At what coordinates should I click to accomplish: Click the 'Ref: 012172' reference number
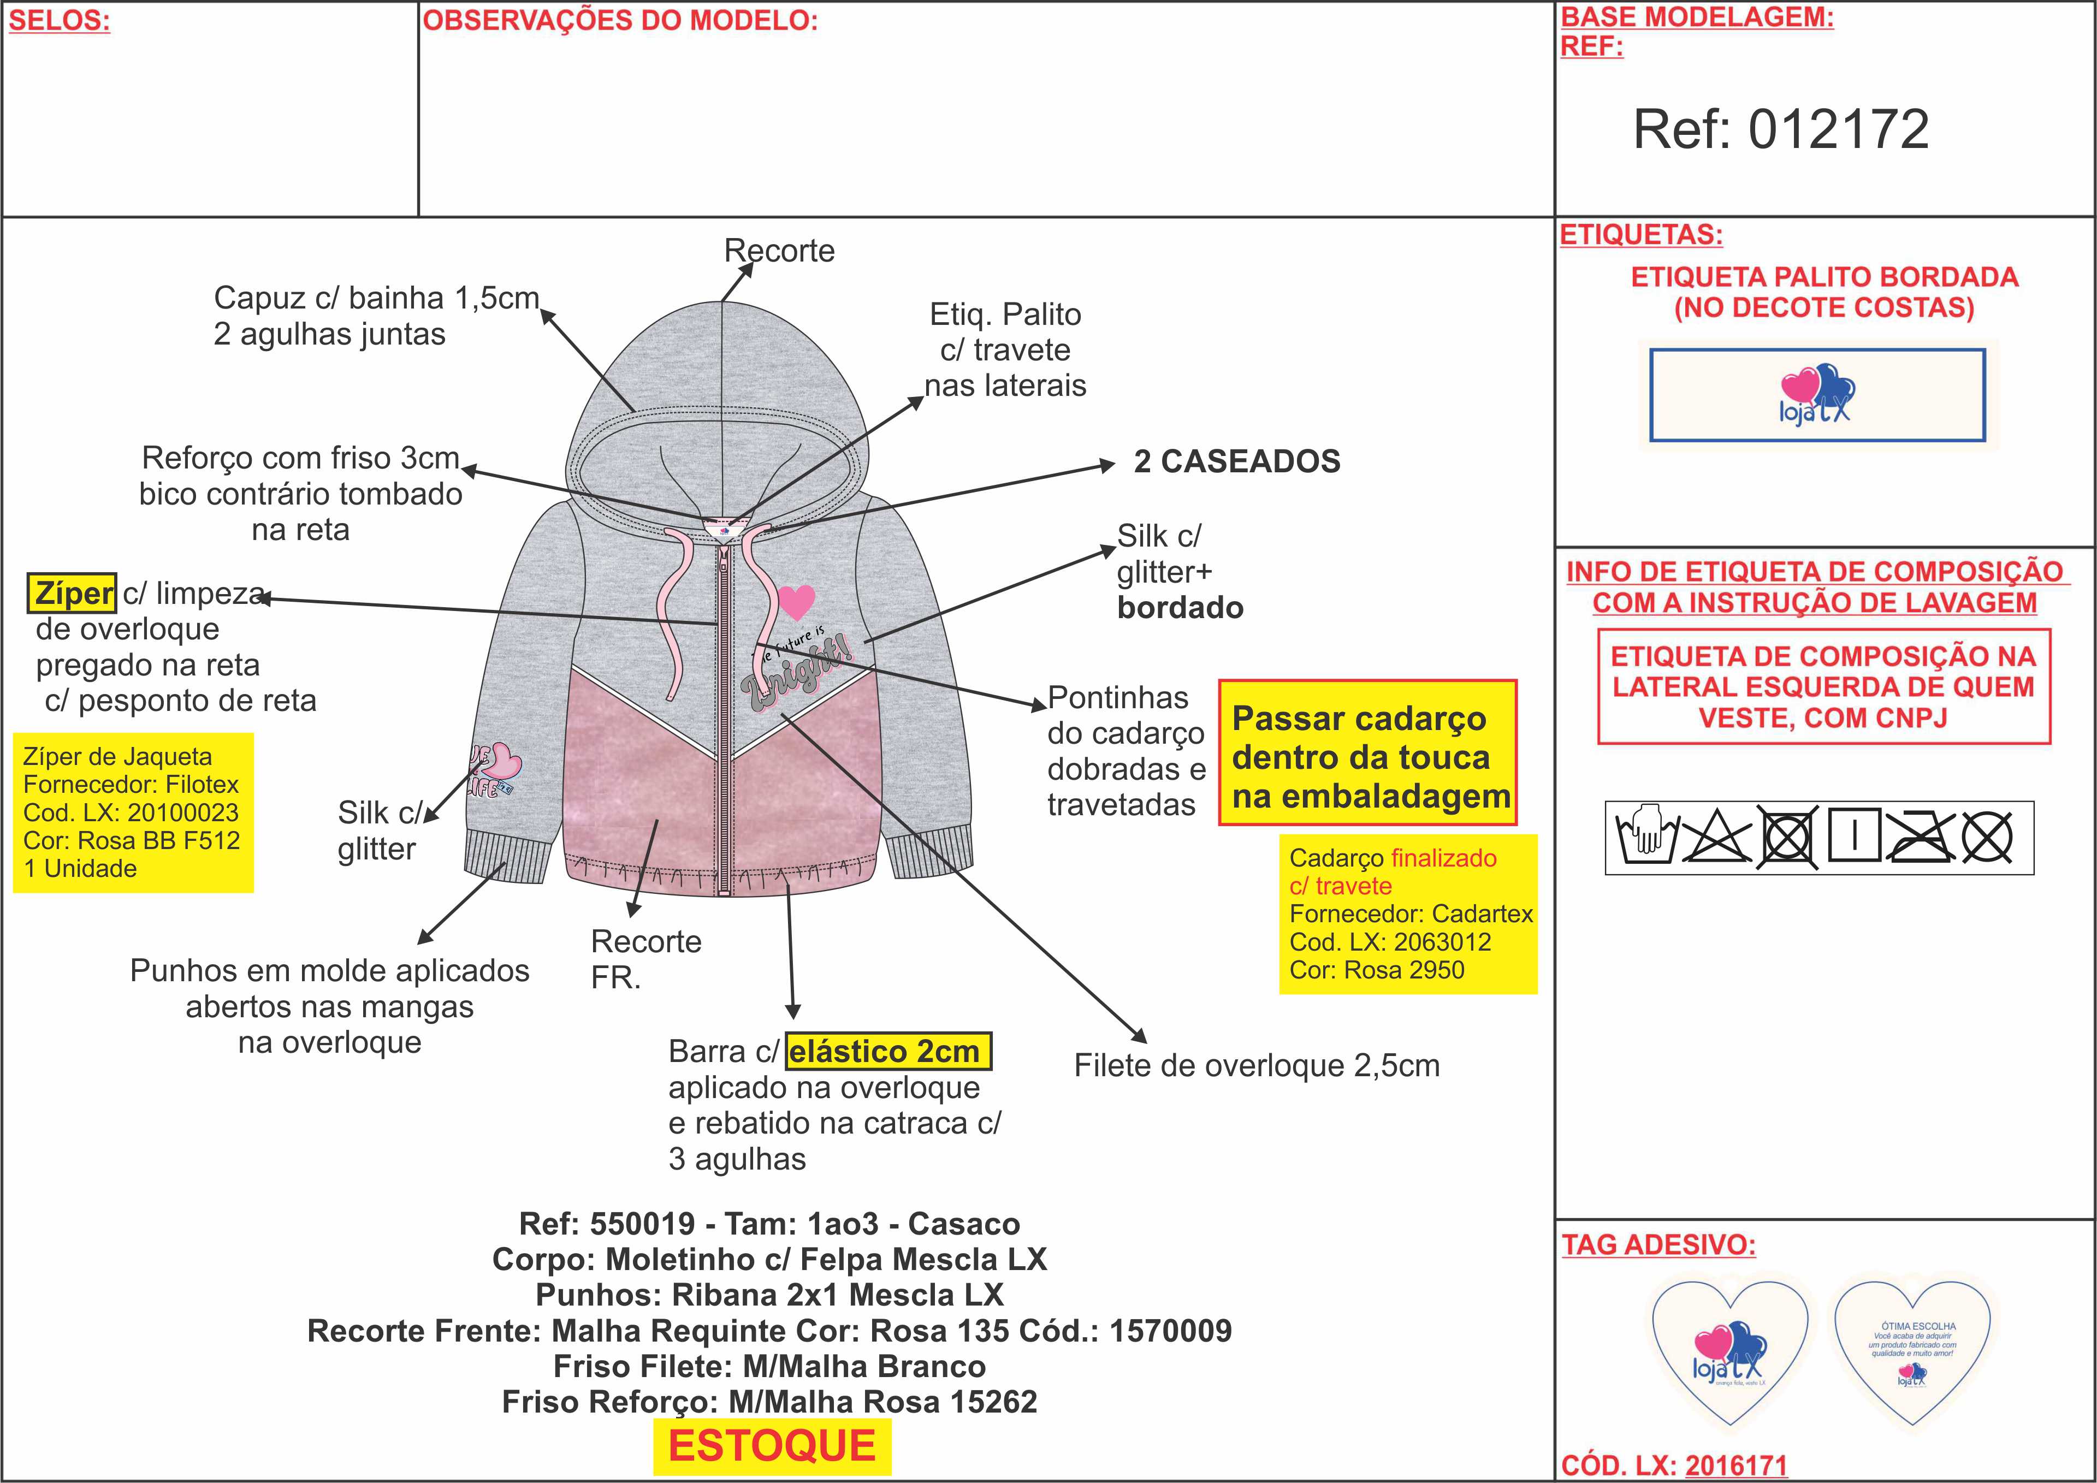click(1780, 129)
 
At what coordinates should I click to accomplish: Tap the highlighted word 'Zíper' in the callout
click(73, 594)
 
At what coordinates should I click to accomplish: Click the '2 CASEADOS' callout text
click(1237, 462)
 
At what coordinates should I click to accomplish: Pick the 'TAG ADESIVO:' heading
click(1658, 1245)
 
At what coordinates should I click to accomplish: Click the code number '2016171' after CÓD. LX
click(1735, 1466)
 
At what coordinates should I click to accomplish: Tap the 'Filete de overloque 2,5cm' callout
click(1256, 1066)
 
